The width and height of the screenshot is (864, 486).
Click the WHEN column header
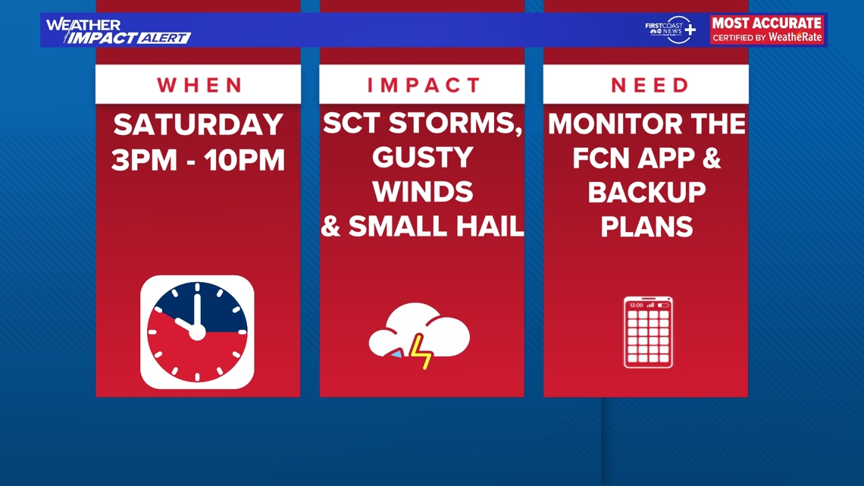[199, 85]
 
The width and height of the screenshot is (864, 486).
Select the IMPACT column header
[424, 85]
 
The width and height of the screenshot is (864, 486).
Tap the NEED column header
[650, 85]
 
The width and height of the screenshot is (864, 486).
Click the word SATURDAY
[199, 124]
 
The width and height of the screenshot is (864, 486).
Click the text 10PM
[245, 160]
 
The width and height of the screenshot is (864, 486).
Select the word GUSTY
[423, 158]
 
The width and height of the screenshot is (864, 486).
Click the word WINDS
[423, 192]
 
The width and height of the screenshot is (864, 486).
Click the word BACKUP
[647, 193]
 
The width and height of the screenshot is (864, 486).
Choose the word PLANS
[647, 227]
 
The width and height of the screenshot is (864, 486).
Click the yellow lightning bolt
[421, 352]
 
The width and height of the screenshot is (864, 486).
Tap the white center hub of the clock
[197, 332]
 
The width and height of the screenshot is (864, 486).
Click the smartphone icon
[648, 332]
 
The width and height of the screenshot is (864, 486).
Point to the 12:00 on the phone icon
[636, 305]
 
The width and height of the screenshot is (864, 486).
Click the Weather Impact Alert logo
[118, 31]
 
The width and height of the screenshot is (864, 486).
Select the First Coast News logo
[671, 30]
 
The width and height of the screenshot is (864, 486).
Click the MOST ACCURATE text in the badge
[767, 24]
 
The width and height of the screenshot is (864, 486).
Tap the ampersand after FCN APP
[712, 158]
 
